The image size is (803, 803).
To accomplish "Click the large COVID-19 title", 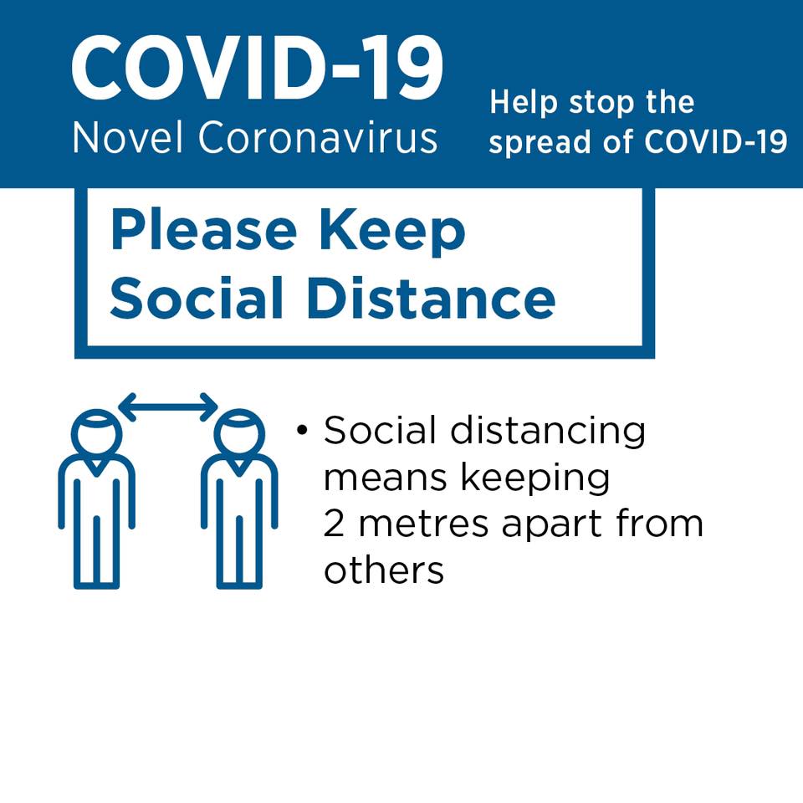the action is [x=257, y=68].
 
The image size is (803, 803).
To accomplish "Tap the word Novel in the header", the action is [x=127, y=137].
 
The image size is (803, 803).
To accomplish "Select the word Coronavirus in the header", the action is [x=318, y=137].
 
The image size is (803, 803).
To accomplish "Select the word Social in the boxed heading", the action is [x=197, y=298].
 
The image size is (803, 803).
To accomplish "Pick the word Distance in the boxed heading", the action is [x=431, y=298].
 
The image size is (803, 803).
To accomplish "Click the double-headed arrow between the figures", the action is [x=168, y=407].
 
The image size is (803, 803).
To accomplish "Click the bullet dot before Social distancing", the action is [x=302, y=430].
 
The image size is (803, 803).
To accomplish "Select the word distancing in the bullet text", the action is [x=547, y=432].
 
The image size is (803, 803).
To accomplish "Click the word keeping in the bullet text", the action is [x=535, y=478].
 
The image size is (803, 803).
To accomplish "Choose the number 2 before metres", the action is [x=334, y=524].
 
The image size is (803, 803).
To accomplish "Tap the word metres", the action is [x=423, y=524].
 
